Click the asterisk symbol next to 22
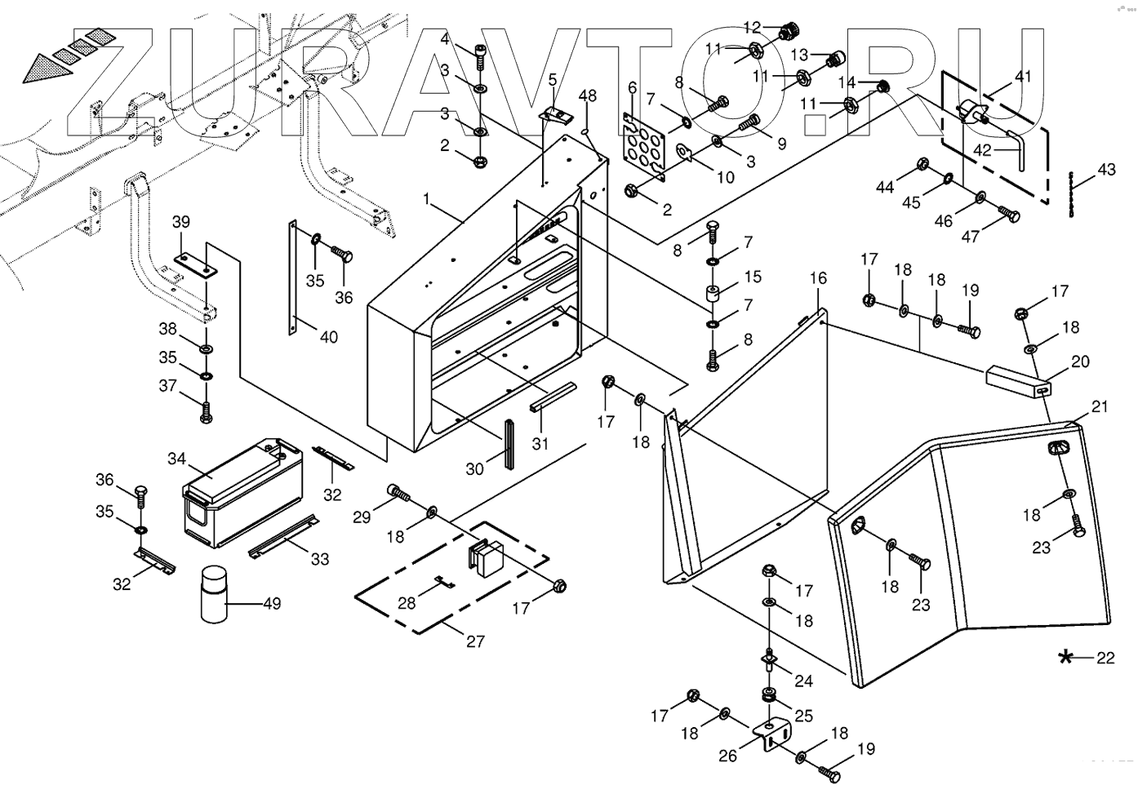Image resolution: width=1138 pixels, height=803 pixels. click(x=1065, y=658)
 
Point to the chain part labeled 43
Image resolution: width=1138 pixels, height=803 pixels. click(x=1071, y=193)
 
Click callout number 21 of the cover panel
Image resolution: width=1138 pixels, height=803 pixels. click(x=1100, y=406)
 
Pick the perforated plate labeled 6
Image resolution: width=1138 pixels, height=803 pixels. click(x=645, y=147)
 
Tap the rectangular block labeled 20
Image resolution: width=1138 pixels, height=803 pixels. click(x=1017, y=380)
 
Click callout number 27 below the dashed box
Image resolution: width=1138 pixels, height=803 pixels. click(x=475, y=641)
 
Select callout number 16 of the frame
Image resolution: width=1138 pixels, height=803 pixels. click(x=818, y=278)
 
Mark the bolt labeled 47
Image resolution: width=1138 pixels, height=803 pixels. click(x=1010, y=215)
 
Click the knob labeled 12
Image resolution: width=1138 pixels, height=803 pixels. click(x=789, y=32)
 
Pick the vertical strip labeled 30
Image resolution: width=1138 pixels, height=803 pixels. click(x=507, y=445)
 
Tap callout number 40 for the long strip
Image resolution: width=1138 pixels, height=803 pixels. click(x=328, y=336)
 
